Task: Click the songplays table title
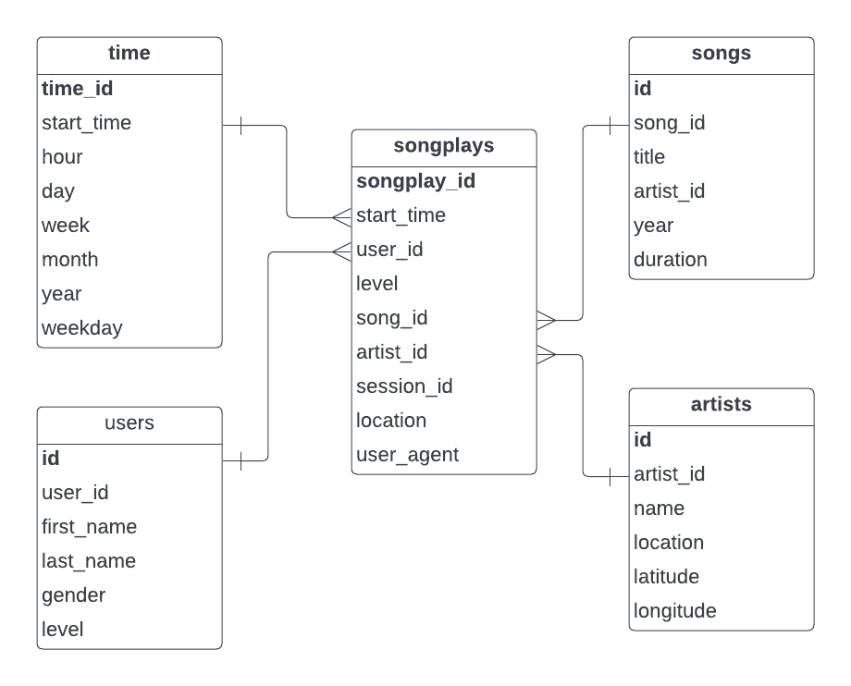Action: tap(443, 146)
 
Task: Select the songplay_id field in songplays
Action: tap(415, 181)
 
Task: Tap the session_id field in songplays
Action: tap(404, 386)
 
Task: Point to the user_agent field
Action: tap(407, 455)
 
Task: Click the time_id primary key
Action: tap(77, 89)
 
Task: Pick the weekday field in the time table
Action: tap(81, 328)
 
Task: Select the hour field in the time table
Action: tap(62, 157)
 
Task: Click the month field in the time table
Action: tap(69, 260)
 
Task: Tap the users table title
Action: tap(129, 423)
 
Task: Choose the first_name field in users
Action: tap(89, 527)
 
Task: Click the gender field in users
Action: tap(73, 595)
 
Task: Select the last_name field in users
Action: tap(88, 561)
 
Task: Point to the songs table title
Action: tap(721, 54)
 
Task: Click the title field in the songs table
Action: tap(648, 157)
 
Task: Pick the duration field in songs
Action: tap(670, 260)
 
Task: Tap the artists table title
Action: tap(721, 405)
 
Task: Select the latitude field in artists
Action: tap(666, 577)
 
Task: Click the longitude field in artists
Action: tap(674, 611)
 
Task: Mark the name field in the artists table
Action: tap(659, 508)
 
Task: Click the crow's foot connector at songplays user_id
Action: tap(340, 250)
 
